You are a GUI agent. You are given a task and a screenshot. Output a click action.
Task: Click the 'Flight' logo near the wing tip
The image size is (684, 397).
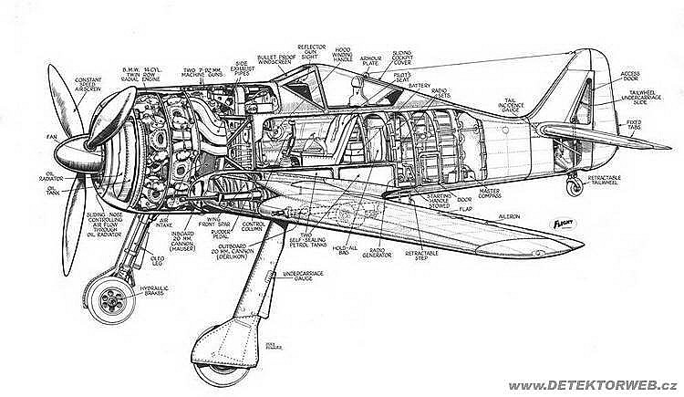568,222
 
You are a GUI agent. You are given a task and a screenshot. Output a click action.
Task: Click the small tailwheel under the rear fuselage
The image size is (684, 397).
574,187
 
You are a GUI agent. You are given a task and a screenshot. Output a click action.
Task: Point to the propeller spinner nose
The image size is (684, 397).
62,154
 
